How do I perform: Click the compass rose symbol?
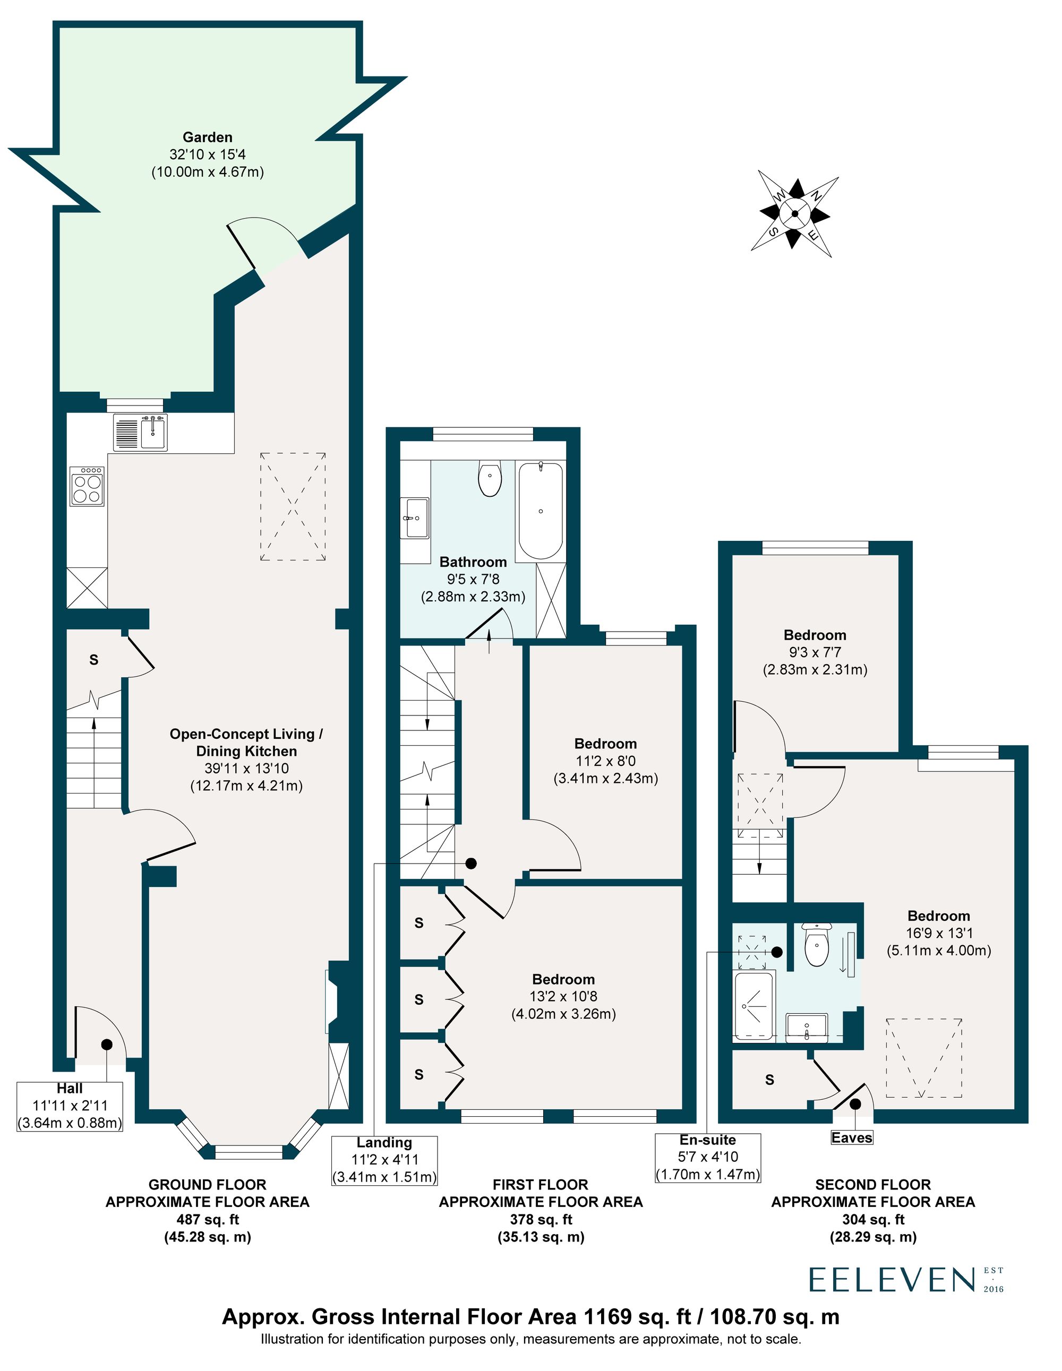tap(794, 214)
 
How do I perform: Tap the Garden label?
tap(207, 154)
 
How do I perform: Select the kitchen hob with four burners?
tap(87, 486)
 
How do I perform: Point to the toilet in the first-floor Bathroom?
tap(489, 480)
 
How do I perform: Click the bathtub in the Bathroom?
tap(540, 511)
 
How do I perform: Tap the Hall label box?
tap(69, 1106)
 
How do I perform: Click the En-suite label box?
tap(708, 1157)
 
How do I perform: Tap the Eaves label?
tap(852, 1137)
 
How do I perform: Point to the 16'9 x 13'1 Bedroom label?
tap(938, 933)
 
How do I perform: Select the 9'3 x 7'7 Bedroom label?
tap(815, 652)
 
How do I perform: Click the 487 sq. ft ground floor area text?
tap(207, 1219)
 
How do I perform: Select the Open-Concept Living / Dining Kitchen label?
tap(246, 760)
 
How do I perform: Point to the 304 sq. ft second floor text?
tap(873, 1219)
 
